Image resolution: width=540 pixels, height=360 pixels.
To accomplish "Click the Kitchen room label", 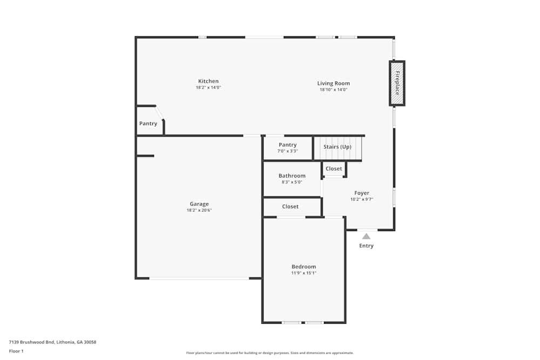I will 208,81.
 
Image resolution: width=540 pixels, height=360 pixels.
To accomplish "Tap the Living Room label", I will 333,83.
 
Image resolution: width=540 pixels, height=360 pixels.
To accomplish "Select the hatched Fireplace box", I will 397,83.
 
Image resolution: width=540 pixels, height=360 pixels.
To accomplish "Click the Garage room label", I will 199,204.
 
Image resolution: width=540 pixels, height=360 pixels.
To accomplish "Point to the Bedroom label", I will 303,267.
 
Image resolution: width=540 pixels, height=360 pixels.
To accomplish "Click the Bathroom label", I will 292,175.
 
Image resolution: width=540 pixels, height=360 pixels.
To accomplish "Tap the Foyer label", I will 361,193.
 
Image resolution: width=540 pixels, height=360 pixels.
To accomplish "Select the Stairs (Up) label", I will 337,147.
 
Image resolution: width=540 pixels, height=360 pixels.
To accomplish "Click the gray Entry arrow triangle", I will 366,236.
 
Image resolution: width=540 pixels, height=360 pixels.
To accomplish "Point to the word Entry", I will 366,246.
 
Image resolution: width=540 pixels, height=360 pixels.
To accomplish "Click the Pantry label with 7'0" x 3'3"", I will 287,145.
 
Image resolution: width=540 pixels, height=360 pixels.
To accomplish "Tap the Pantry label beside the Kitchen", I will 148,124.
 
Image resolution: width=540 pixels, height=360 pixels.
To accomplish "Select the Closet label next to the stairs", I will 334,169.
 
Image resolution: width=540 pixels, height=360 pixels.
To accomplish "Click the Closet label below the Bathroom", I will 290,207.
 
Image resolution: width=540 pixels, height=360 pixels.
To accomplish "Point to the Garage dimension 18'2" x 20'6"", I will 199,210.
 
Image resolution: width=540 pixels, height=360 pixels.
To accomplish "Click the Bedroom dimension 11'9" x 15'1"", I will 303,273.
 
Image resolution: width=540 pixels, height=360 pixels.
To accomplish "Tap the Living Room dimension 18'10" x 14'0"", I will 333,90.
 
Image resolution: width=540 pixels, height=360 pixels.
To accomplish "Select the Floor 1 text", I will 16,351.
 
